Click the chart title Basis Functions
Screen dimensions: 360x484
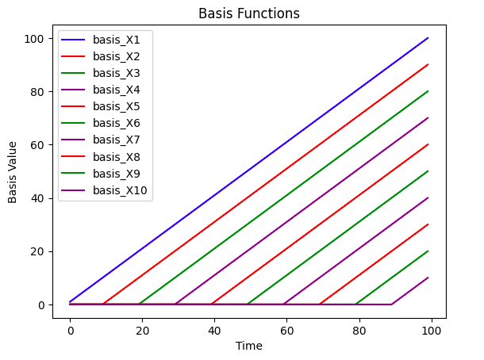pos(249,13)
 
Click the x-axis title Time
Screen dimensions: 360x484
pos(249,345)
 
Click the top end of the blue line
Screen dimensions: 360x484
pos(428,38)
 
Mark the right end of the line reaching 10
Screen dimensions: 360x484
pos(428,278)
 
